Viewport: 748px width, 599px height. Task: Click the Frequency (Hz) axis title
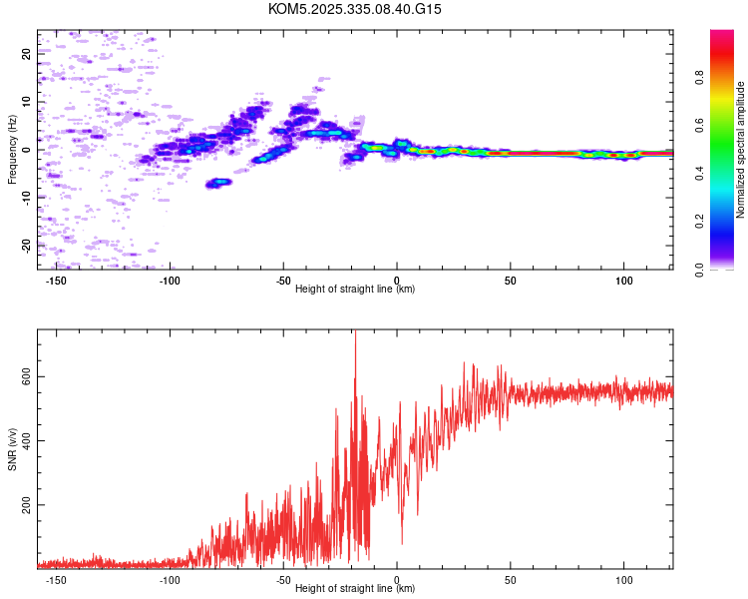(x=13, y=150)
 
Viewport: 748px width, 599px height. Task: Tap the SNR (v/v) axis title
(x=13, y=449)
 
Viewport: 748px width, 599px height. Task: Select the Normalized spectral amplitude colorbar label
(x=740, y=150)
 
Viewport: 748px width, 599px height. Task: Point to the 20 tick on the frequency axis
(x=27, y=55)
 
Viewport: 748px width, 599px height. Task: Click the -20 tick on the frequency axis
(x=27, y=245)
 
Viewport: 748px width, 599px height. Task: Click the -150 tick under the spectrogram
(x=56, y=280)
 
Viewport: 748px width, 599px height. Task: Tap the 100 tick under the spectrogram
(x=624, y=280)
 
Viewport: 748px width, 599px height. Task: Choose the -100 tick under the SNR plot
(x=170, y=579)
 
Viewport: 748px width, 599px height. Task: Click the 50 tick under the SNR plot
(x=511, y=579)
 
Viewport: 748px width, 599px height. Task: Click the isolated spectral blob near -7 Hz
(x=218, y=183)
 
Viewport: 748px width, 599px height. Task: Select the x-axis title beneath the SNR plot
(x=355, y=589)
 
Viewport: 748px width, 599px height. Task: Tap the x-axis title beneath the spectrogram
(x=355, y=290)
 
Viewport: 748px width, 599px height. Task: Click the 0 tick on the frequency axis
(x=27, y=150)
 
